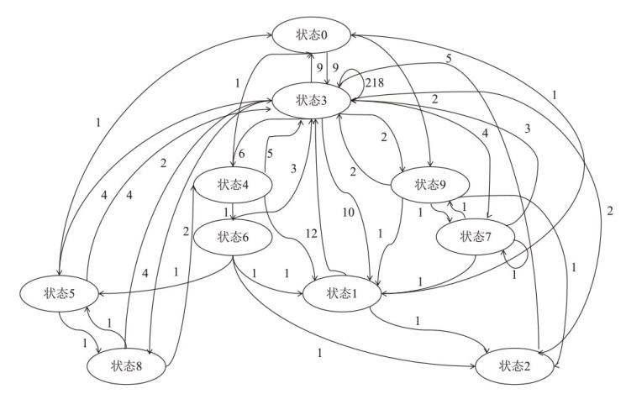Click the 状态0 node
pos(310,34)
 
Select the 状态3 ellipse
pos(310,100)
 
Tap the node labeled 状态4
pos(234,185)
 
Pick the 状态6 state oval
pos(233,236)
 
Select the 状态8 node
pos(127,365)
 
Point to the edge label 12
pos(313,233)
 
